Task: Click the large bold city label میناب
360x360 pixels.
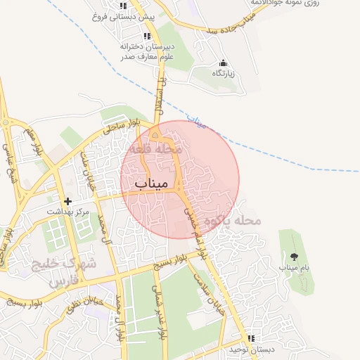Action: pos(152,184)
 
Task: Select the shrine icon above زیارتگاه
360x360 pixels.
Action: pos(224,63)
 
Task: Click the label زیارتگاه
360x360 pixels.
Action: pos(224,73)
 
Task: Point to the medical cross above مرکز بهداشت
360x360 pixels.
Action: pos(67,202)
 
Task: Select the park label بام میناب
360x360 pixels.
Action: pos(294,268)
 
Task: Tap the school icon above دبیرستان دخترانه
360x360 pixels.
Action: pos(146,37)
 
